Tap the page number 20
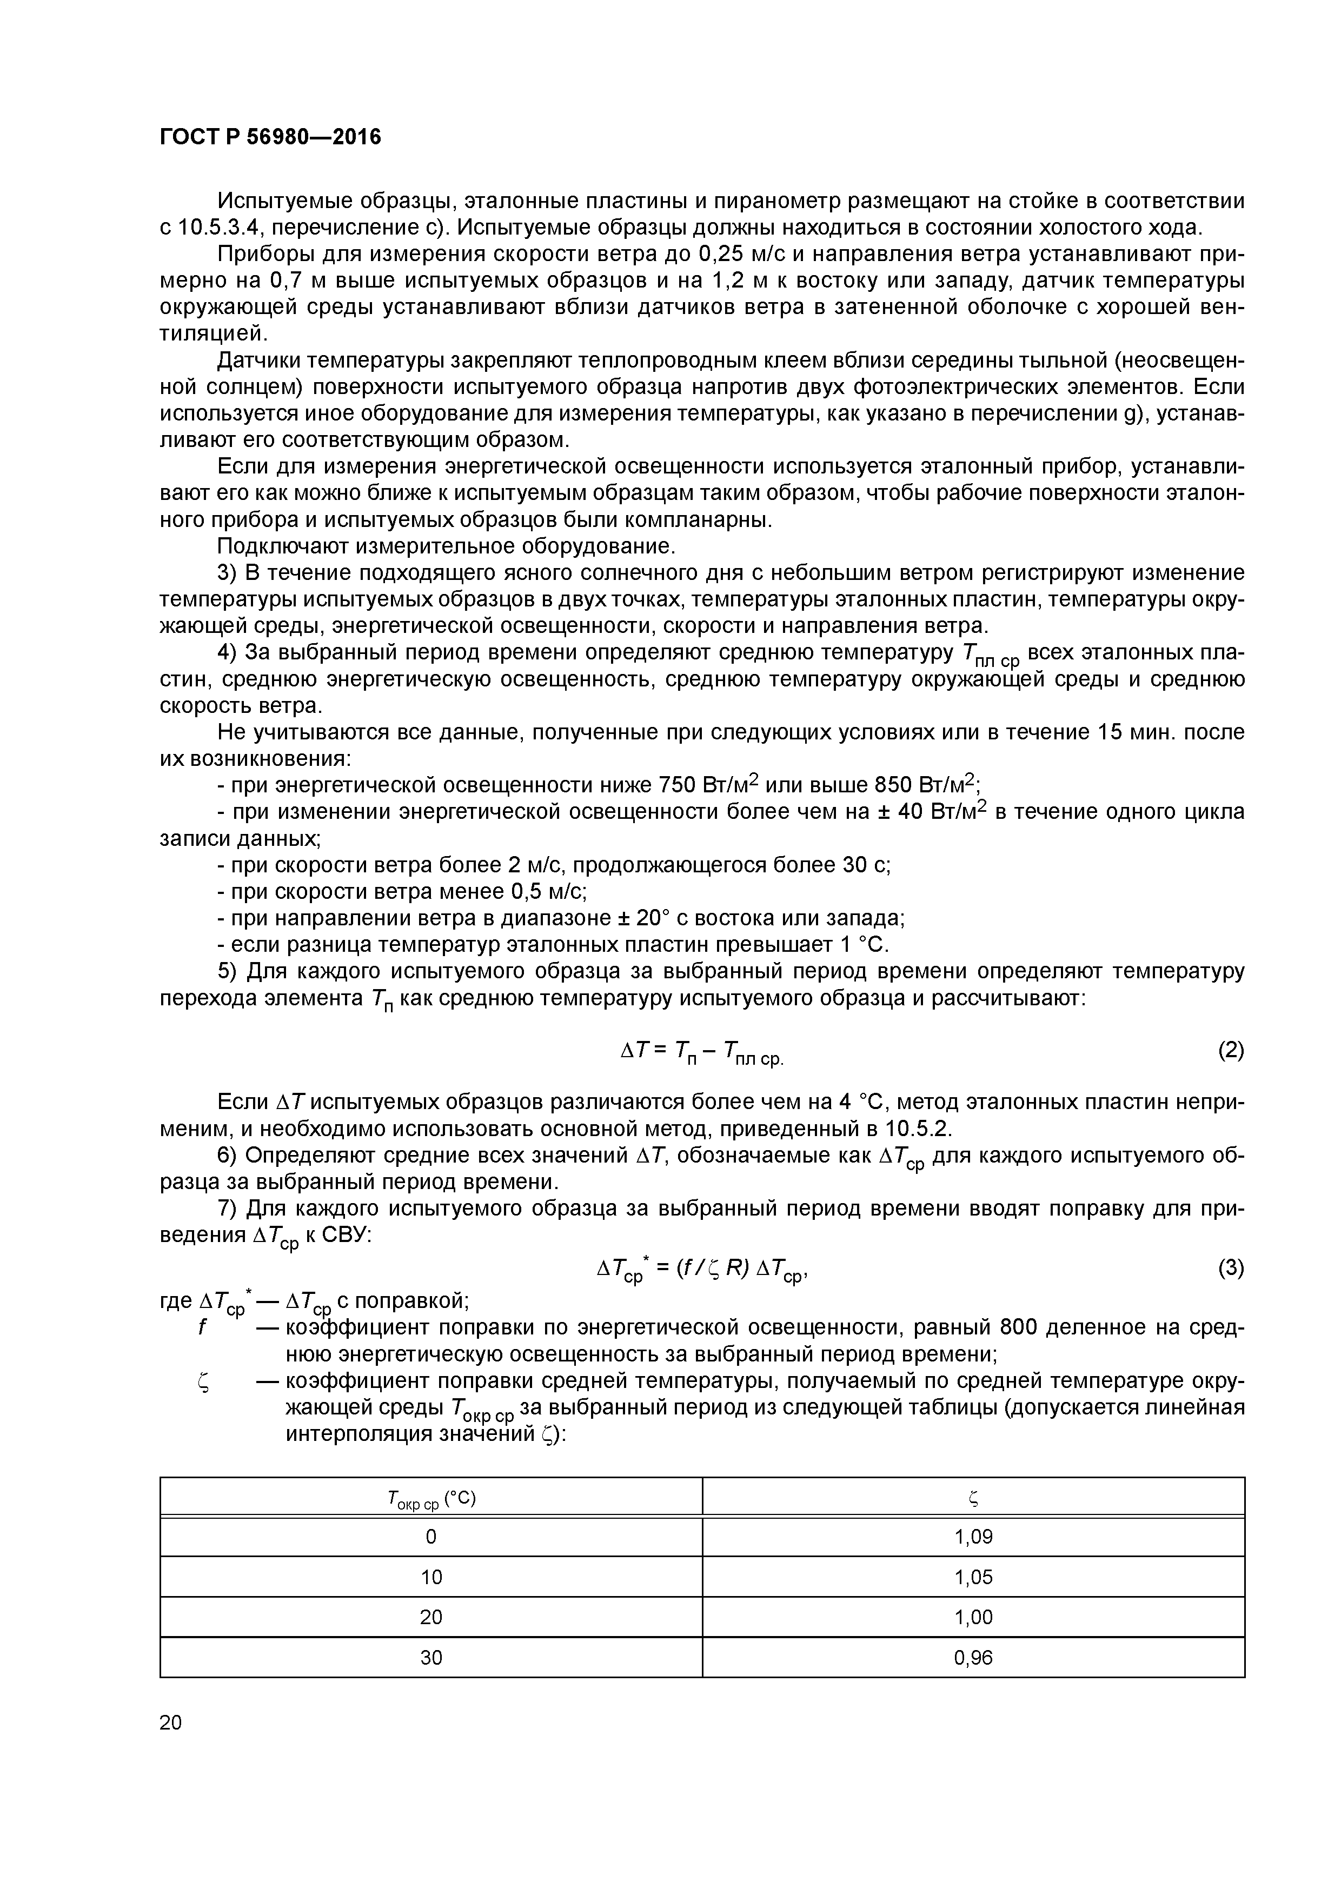(171, 1722)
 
